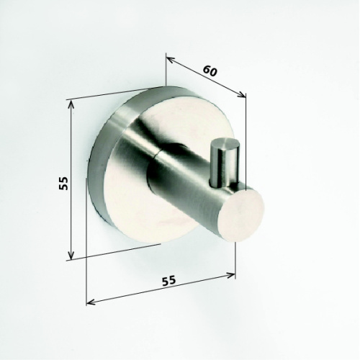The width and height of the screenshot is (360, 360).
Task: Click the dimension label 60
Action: [x=210, y=71]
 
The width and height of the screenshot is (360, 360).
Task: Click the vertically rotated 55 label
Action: [x=63, y=184]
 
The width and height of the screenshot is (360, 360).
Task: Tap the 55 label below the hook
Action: [x=169, y=280]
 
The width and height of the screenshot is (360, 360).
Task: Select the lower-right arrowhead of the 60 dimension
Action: [x=242, y=95]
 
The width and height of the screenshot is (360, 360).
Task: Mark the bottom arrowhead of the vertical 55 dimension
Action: [x=71, y=255]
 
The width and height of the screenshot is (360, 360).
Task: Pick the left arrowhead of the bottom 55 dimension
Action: [x=90, y=302]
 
